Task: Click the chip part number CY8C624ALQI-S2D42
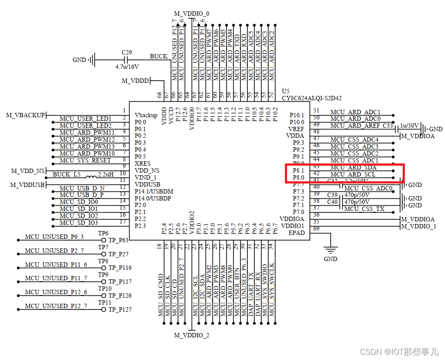(x=311, y=98)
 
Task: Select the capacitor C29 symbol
(x=127, y=59)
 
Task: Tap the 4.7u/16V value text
(x=127, y=67)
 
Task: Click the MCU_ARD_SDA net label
(x=353, y=167)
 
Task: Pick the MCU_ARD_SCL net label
(x=353, y=174)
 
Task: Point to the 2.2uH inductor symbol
(x=92, y=177)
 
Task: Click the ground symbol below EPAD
(x=330, y=251)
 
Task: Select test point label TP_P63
(x=118, y=240)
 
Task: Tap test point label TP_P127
(x=120, y=309)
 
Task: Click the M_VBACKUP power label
(x=25, y=115)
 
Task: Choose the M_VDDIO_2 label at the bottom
(x=192, y=335)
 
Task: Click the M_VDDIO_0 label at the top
(x=192, y=14)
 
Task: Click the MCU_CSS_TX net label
(x=364, y=209)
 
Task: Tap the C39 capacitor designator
(x=332, y=195)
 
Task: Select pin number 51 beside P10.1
(x=317, y=111)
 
